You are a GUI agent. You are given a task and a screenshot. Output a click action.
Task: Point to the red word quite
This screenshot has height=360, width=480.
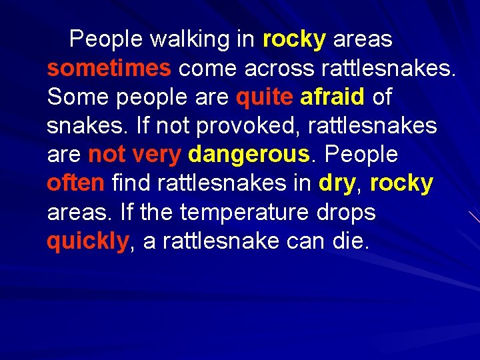(x=264, y=97)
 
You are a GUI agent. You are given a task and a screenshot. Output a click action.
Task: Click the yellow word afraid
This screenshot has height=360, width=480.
(x=333, y=97)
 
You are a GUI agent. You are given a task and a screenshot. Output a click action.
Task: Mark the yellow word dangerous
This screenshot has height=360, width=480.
(x=250, y=155)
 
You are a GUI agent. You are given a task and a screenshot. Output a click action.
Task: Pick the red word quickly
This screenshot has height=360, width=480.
(x=87, y=241)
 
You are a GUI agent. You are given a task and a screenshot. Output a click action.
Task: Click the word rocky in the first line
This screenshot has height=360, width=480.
(x=294, y=40)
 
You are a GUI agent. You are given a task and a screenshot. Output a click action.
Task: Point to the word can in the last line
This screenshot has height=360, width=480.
(x=305, y=241)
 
